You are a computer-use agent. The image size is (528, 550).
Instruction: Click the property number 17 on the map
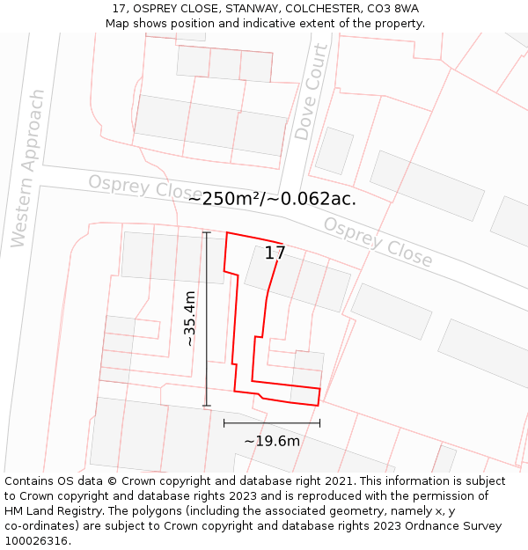pyautogui.click(x=275, y=253)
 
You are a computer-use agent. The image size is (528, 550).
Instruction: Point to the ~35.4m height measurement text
pyautogui.click(x=189, y=319)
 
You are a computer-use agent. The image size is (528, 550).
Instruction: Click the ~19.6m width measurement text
pyautogui.click(x=272, y=441)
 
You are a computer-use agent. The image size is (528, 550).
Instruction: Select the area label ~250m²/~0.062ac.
pyautogui.click(x=272, y=199)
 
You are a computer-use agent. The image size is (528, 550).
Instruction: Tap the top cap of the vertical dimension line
pyautogui.click(x=207, y=233)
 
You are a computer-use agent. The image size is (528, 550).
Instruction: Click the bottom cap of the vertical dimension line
pyautogui.click(x=207, y=406)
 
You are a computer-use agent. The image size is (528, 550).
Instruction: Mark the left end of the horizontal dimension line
pyautogui.click(x=224, y=423)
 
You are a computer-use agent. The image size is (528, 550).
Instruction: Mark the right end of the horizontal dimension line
pyautogui.click(x=319, y=423)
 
